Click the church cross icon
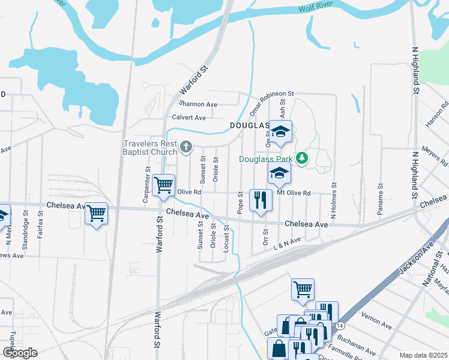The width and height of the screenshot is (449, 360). click(186, 146)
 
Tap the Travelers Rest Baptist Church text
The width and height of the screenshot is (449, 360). click(150, 148)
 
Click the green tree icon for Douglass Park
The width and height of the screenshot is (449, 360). click(304, 158)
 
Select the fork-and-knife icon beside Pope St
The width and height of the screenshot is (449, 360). click(260, 199)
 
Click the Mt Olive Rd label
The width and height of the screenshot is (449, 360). click(294, 193)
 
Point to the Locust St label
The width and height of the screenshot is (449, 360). click(226, 239)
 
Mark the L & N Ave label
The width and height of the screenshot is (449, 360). click(286, 243)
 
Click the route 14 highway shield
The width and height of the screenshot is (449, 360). click(340, 325)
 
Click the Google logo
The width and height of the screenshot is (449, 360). click(20, 353)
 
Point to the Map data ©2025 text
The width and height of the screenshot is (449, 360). click(423, 355)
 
